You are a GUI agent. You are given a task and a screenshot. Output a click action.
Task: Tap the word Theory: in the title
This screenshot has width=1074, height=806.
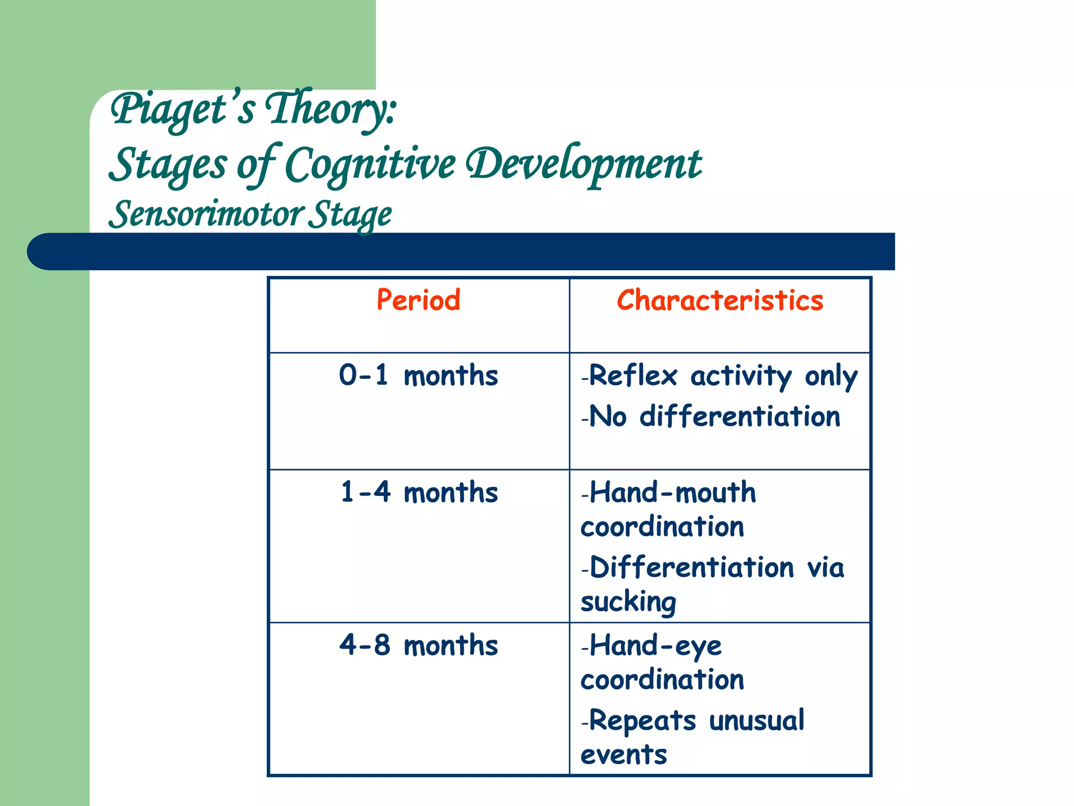(x=330, y=109)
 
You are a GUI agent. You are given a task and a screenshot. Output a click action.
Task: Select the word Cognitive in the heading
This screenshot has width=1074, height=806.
(x=370, y=164)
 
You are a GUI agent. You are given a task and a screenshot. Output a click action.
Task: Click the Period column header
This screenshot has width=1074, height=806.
(x=418, y=300)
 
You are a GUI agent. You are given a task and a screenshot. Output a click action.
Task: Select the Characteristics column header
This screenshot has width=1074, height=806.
(x=720, y=300)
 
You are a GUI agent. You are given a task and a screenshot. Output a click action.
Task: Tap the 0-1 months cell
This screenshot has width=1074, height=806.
(x=418, y=376)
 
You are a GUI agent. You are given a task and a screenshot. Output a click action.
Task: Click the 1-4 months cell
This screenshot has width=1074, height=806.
(x=418, y=493)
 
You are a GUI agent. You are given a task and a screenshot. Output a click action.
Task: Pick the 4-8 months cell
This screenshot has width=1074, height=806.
(x=418, y=645)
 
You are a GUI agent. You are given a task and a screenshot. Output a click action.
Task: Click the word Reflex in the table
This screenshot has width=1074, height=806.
(x=633, y=376)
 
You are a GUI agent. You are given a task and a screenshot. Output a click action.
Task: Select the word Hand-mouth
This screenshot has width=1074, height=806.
(x=673, y=493)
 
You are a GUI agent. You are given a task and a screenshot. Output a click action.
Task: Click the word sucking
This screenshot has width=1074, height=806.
(x=628, y=601)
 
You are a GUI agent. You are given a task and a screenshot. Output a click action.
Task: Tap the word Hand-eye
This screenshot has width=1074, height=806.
(x=656, y=645)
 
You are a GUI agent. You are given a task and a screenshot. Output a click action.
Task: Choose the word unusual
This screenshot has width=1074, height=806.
(x=757, y=720)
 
